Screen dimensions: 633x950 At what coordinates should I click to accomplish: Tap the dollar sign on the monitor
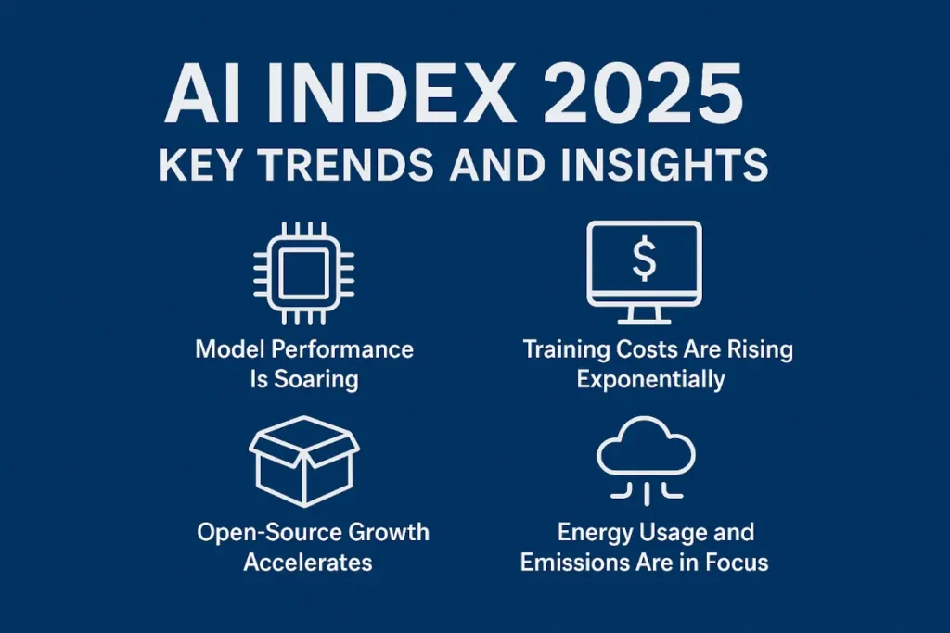644,260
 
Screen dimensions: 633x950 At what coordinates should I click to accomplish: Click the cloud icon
644,449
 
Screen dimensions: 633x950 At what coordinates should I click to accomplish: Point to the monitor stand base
644,321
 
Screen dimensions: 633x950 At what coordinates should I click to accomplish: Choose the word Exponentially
650,379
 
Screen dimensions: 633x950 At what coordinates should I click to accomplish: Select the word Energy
596,533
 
